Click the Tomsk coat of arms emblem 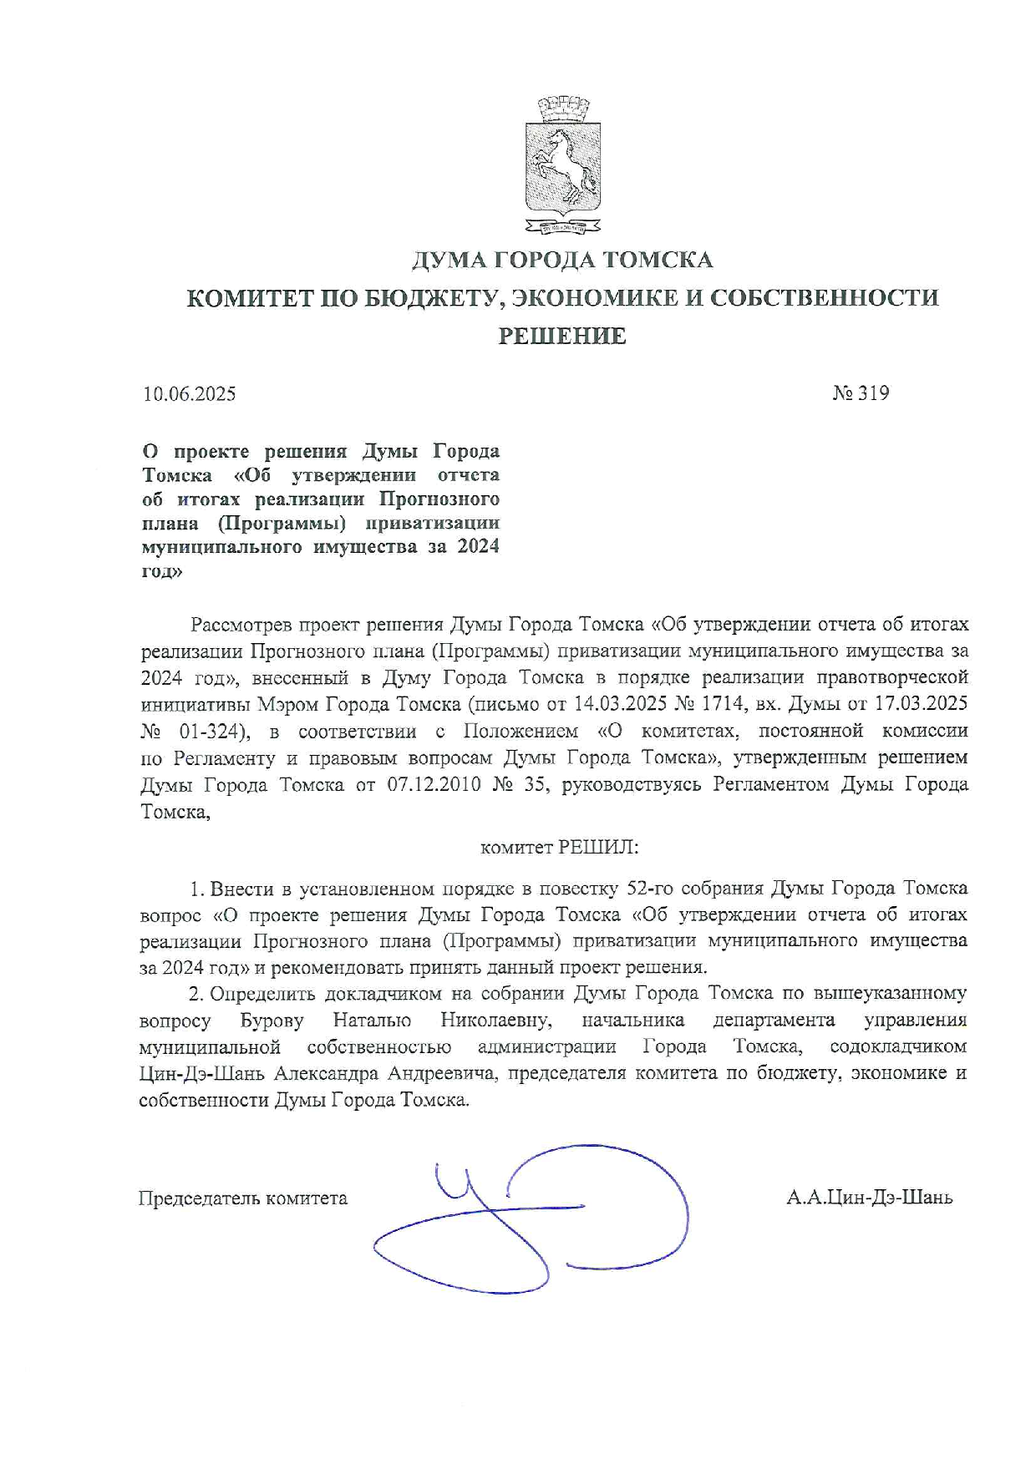562,165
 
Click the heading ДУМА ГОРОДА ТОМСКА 562,261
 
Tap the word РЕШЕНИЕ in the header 562,336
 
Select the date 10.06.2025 190,393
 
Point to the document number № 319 861,393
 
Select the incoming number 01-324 214,732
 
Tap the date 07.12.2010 434,785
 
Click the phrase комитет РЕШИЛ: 559,848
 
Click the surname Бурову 272,1020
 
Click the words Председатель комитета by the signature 242,1198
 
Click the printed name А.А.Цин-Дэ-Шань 869,1198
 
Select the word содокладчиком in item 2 898,1046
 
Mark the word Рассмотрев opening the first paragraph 241,625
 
